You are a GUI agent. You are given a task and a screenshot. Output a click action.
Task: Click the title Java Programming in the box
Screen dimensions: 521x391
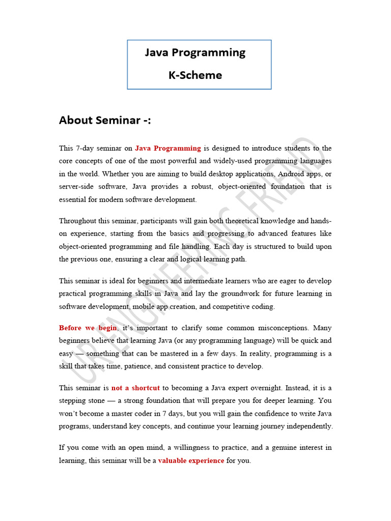coord(195,52)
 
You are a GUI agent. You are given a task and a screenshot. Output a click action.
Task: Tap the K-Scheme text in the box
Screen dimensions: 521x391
coord(195,75)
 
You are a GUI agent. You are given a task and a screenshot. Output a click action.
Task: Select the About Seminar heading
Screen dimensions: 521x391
coord(105,120)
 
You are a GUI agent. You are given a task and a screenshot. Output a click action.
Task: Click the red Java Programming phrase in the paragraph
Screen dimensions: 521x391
coord(168,149)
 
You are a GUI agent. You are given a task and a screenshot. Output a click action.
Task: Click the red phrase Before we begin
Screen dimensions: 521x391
coord(88,328)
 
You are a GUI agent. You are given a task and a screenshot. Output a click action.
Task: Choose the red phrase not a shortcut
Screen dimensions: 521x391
coord(135,388)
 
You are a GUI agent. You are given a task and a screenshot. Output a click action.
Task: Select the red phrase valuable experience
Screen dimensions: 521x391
coord(191,461)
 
